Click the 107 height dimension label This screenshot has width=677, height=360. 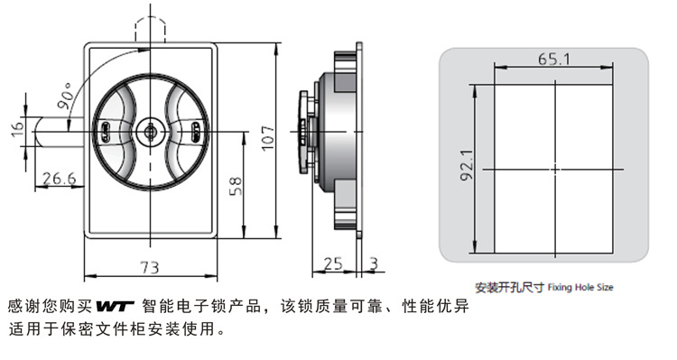[268, 138]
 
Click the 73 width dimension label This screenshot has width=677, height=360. [150, 268]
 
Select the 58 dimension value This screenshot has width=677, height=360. [236, 186]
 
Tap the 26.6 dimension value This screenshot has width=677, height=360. [59, 178]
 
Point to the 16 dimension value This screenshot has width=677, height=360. [17, 130]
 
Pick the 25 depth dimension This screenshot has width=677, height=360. [333, 263]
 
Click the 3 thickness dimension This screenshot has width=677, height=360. [374, 263]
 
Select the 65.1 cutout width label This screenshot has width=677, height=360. [554, 59]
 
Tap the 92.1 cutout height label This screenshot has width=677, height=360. [468, 165]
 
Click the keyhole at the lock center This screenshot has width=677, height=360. [150, 131]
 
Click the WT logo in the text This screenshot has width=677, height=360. [115, 306]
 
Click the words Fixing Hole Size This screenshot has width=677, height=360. [580, 287]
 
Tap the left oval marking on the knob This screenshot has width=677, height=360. [104, 131]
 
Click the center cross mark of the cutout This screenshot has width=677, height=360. [555, 170]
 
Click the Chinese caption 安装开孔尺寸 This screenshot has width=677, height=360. [509, 288]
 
